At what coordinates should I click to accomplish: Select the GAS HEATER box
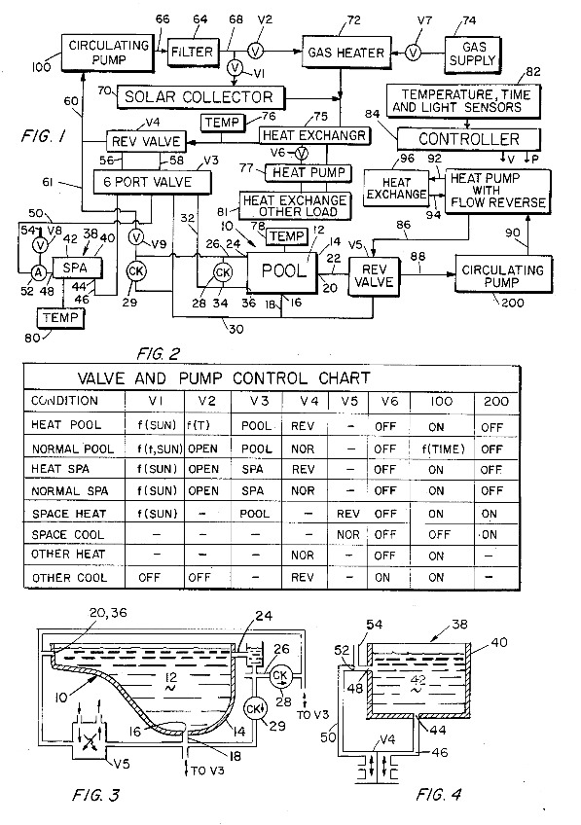(341, 51)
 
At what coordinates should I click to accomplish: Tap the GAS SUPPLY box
(479, 51)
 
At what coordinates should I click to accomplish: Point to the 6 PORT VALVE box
(154, 182)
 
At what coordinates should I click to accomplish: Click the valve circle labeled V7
(413, 51)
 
